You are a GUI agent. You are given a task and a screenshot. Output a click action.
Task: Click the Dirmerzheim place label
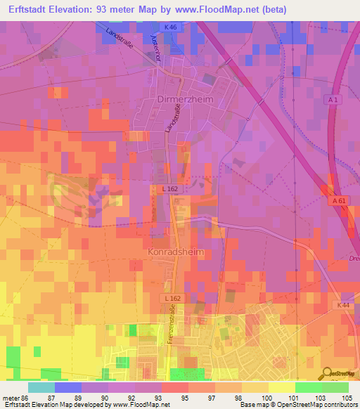click(x=181, y=99)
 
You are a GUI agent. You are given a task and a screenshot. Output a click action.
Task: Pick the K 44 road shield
click(x=342, y=304)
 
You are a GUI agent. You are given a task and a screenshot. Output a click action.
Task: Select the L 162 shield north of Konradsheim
click(x=160, y=189)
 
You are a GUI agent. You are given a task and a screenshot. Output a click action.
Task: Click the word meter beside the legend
click(x=10, y=398)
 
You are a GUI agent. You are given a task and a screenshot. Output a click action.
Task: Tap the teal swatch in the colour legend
click(x=41, y=387)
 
